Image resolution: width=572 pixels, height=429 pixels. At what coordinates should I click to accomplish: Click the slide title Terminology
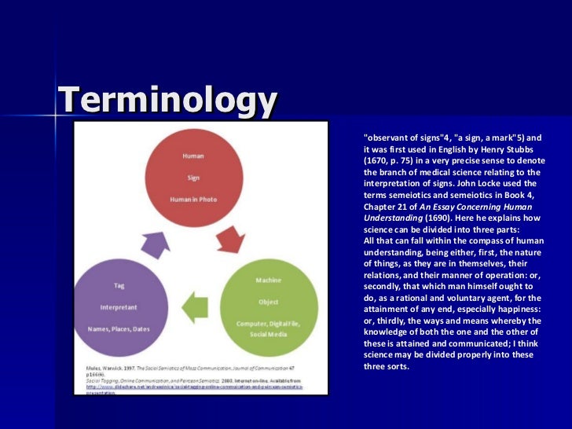[x=168, y=101]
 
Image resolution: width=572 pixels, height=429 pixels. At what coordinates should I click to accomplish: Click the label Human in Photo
[x=193, y=199]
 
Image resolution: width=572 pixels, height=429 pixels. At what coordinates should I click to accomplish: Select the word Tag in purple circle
[x=119, y=285]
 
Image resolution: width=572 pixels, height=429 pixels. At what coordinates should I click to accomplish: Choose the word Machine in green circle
[x=268, y=280]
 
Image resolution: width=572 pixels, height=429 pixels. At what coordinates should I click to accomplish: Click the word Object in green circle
[x=268, y=301]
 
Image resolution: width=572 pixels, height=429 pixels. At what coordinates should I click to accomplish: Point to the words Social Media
[x=268, y=332]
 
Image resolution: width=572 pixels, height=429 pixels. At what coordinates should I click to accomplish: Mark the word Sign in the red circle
[x=193, y=178]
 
